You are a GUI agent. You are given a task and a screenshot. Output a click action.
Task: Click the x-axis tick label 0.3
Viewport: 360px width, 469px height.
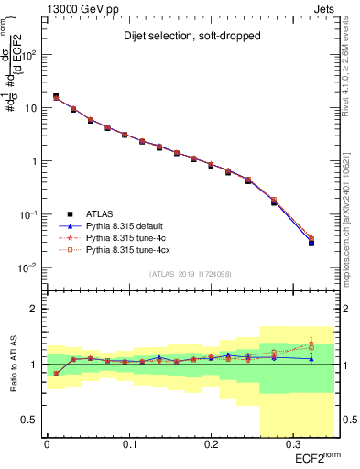(291, 446)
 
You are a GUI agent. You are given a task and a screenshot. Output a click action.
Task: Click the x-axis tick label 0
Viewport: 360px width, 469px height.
(47, 446)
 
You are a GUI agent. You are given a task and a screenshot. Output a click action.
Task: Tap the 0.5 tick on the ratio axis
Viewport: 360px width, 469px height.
(34, 420)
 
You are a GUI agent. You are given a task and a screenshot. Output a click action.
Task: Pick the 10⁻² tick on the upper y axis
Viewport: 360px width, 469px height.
(32, 267)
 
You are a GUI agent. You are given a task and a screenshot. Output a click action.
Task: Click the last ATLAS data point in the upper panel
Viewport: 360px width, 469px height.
(311, 243)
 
